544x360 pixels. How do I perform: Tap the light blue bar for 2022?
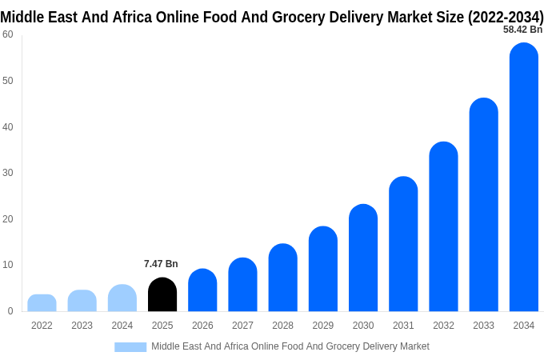coord(42,303)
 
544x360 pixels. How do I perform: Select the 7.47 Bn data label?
coord(161,264)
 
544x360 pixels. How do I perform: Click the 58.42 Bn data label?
coord(522,30)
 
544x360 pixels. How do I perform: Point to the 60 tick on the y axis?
coord(8,34)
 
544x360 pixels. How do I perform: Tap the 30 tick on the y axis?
coord(8,173)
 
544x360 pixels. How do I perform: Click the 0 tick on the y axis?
coord(10,311)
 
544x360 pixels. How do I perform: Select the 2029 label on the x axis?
coord(323,326)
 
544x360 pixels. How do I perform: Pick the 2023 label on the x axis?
coord(82,326)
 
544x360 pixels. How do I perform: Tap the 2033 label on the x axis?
coord(483,326)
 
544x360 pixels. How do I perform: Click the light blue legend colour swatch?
coord(130,347)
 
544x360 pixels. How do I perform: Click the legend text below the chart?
coord(290,346)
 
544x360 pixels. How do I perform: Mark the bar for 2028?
coord(283,278)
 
